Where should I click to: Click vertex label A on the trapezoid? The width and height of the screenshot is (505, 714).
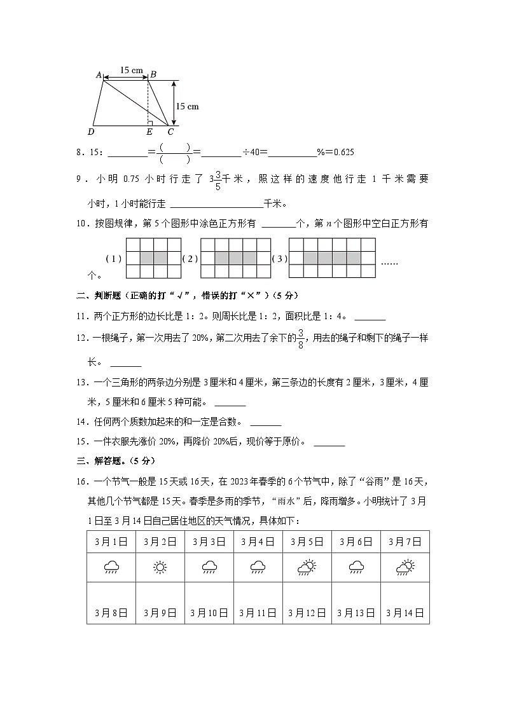click(x=99, y=75)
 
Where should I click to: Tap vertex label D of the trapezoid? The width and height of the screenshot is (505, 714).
click(x=92, y=132)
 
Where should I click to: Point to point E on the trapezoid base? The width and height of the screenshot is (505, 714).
click(x=149, y=132)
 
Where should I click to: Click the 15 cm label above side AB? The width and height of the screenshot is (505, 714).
click(x=131, y=70)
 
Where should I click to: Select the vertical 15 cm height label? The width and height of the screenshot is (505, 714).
click(x=187, y=106)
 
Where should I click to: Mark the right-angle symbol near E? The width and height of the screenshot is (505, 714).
click(x=150, y=122)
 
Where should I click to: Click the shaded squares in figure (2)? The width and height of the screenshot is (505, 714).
click(x=235, y=259)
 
